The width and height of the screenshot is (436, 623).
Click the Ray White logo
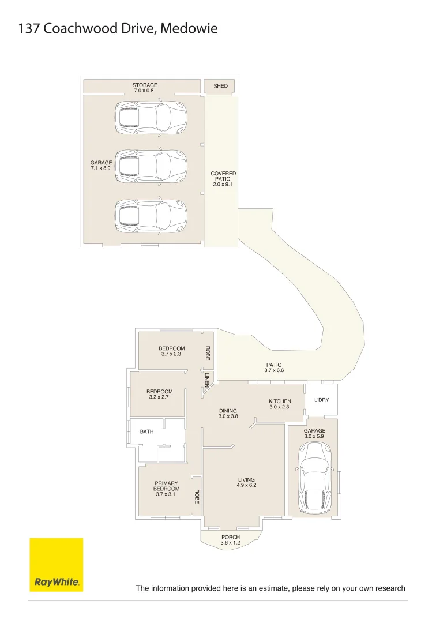(57, 565)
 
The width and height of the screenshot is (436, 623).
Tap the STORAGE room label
(145, 85)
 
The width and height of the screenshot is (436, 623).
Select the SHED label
(221, 86)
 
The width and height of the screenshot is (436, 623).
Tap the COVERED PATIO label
(223, 176)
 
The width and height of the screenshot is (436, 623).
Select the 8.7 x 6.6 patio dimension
(274, 370)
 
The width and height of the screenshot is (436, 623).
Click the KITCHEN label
(280, 401)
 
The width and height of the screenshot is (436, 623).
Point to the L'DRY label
(322, 400)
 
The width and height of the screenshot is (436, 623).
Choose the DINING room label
(228, 411)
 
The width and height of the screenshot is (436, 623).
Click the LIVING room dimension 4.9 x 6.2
(247, 485)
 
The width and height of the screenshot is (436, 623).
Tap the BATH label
(147, 431)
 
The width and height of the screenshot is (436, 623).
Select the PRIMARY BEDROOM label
(166, 486)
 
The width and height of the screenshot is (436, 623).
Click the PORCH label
(231, 537)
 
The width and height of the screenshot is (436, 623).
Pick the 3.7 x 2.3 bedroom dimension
(171, 354)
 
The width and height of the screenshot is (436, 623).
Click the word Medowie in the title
(189, 29)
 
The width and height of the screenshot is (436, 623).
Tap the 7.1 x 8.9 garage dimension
(101, 168)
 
